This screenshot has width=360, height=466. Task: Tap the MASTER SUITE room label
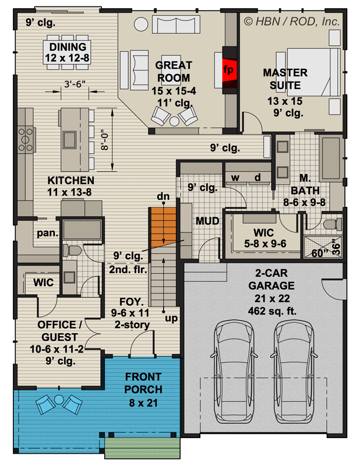click(x=285, y=79)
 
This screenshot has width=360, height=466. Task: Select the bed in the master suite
click(x=315, y=71)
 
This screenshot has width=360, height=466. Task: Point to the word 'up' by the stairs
click(x=170, y=319)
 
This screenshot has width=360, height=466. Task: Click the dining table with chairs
click(x=68, y=51)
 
